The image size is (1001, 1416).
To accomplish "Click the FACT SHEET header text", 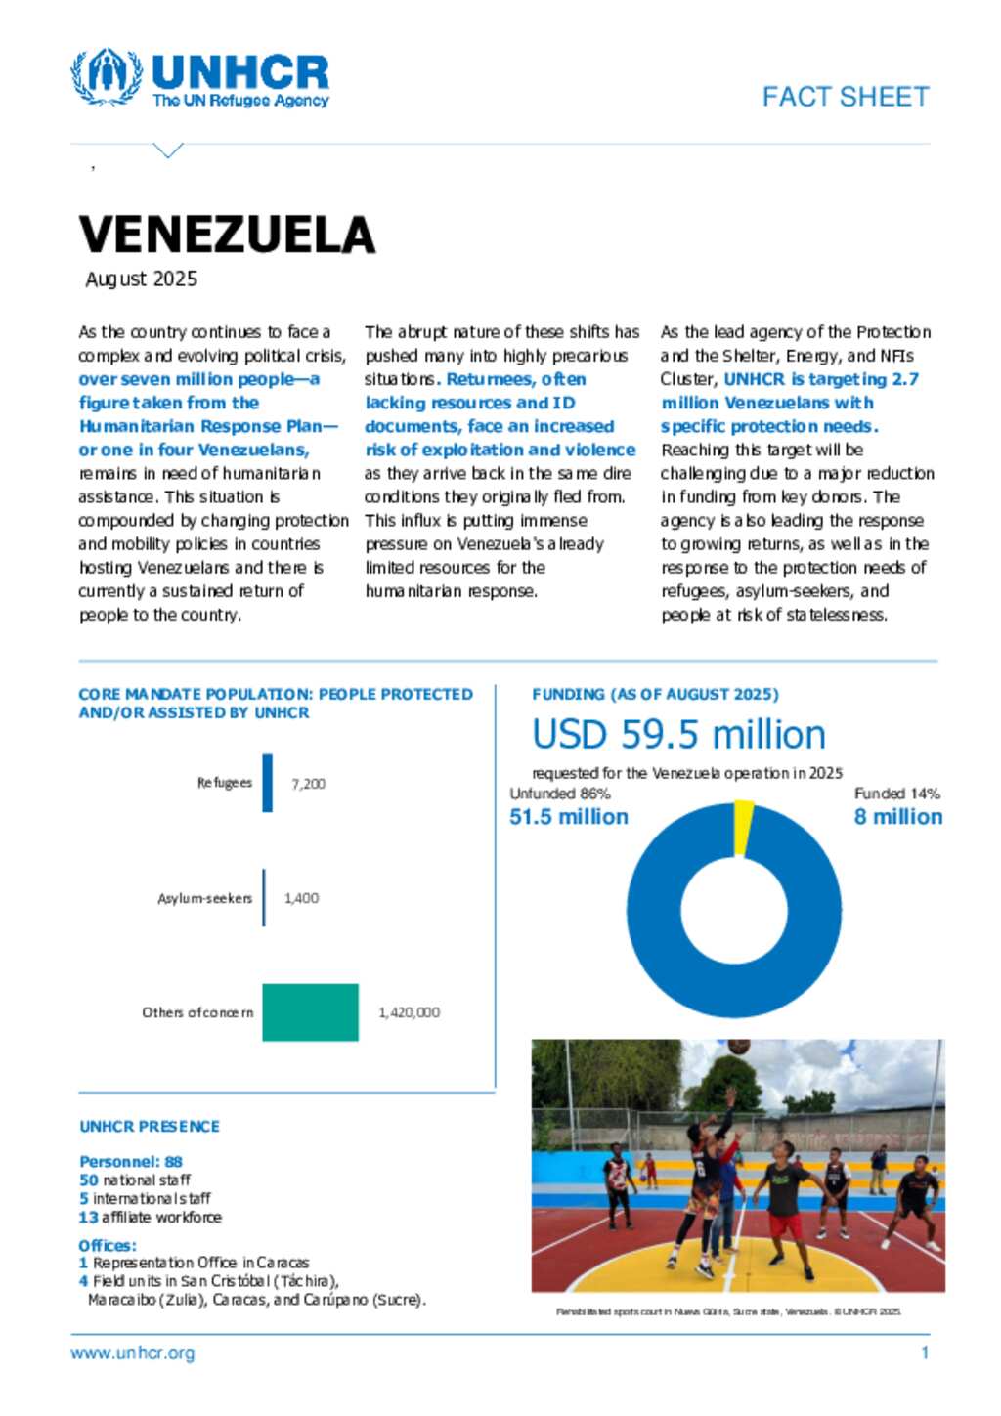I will [x=845, y=97].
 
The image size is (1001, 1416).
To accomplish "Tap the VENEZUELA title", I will [x=227, y=235].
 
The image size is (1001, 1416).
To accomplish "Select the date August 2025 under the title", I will [x=142, y=279].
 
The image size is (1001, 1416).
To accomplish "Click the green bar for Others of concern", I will [x=310, y=1012].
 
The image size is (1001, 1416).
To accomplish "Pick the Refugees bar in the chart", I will [x=267, y=783].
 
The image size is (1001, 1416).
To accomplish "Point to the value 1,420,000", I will [x=409, y=1013].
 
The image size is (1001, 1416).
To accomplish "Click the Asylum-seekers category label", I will [x=204, y=898].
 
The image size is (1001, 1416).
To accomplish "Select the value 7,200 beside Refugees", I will [x=308, y=784].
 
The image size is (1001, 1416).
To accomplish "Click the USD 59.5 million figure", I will [x=678, y=735].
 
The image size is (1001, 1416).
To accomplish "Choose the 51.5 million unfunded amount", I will [x=569, y=817].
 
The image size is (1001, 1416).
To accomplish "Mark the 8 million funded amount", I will [x=897, y=817].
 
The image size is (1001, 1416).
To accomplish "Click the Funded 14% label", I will [x=896, y=794].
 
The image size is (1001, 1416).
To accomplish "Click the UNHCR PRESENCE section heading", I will [x=150, y=1127].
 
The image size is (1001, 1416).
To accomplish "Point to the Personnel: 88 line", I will [x=131, y=1162].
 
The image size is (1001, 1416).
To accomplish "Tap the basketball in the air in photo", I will [x=739, y=1047].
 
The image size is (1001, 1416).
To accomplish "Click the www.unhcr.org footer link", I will [x=132, y=1353].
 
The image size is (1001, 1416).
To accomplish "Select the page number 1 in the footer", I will [x=925, y=1353].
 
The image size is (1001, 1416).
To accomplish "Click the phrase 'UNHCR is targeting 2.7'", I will [x=820, y=379].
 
